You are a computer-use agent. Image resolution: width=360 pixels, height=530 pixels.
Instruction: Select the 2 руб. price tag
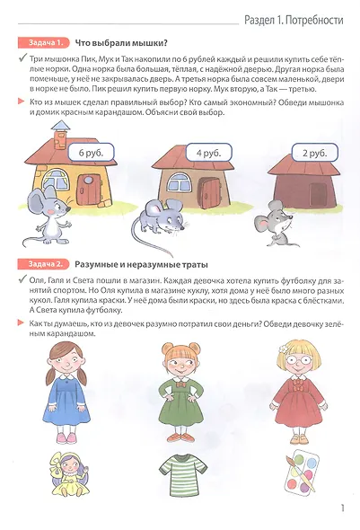point(313,154)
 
